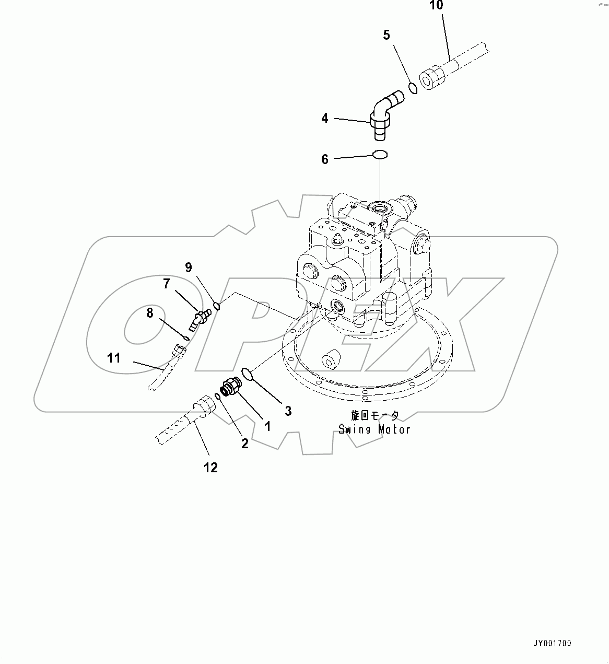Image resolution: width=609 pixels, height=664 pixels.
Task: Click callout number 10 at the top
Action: (x=437, y=6)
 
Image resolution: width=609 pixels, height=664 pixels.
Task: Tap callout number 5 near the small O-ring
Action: (x=387, y=36)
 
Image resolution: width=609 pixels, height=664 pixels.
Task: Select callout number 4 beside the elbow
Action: (x=325, y=119)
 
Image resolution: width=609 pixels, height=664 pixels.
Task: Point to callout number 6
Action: (x=325, y=159)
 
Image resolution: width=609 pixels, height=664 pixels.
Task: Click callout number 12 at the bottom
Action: (x=210, y=468)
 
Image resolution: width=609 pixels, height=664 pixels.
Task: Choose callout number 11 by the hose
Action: (x=114, y=358)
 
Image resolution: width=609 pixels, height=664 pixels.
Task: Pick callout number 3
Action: (x=288, y=411)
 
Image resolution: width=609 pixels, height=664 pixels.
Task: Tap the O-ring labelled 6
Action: (x=380, y=154)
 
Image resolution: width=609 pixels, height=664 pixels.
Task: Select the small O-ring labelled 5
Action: (x=413, y=88)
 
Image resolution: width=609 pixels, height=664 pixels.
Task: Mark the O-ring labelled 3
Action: (x=248, y=374)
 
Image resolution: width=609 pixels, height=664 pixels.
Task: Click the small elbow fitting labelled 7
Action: (x=200, y=319)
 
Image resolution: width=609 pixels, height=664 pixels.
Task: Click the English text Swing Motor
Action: (x=374, y=429)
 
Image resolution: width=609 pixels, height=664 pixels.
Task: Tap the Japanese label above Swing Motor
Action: (x=374, y=416)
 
